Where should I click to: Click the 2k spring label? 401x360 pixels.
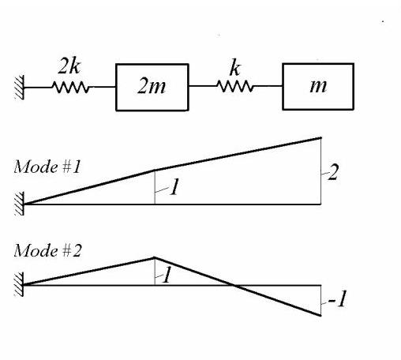(x=69, y=66)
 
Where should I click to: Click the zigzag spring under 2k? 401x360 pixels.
(x=70, y=87)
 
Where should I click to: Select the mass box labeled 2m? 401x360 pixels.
(x=152, y=87)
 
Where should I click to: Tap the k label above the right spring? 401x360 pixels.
(x=234, y=69)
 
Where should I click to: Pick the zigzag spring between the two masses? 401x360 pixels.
(x=234, y=86)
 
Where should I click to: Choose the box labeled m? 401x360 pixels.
(x=318, y=87)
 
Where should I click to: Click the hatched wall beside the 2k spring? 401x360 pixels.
(x=19, y=88)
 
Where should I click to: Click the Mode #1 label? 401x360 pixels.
(x=47, y=167)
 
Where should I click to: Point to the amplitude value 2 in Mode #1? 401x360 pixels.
(x=333, y=172)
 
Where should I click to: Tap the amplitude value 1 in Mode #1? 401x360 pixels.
(x=174, y=186)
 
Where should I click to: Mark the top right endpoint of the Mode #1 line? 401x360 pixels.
(x=320, y=137)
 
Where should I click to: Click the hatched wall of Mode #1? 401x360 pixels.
(x=19, y=204)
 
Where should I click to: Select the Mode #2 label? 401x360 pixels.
(x=47, y=250)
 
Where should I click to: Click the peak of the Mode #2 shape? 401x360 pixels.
(x=155, y=257)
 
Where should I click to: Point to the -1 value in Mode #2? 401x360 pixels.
(x=337, y=299)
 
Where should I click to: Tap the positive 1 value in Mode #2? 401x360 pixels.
(x=167, y=275)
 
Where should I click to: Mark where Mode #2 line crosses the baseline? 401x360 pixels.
(x=233, y=285)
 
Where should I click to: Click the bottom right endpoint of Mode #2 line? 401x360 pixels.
(x=320, y=315)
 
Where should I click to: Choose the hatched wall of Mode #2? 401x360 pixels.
(x=19, y=284)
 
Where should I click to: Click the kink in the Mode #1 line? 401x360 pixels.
(x=155, y=171)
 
